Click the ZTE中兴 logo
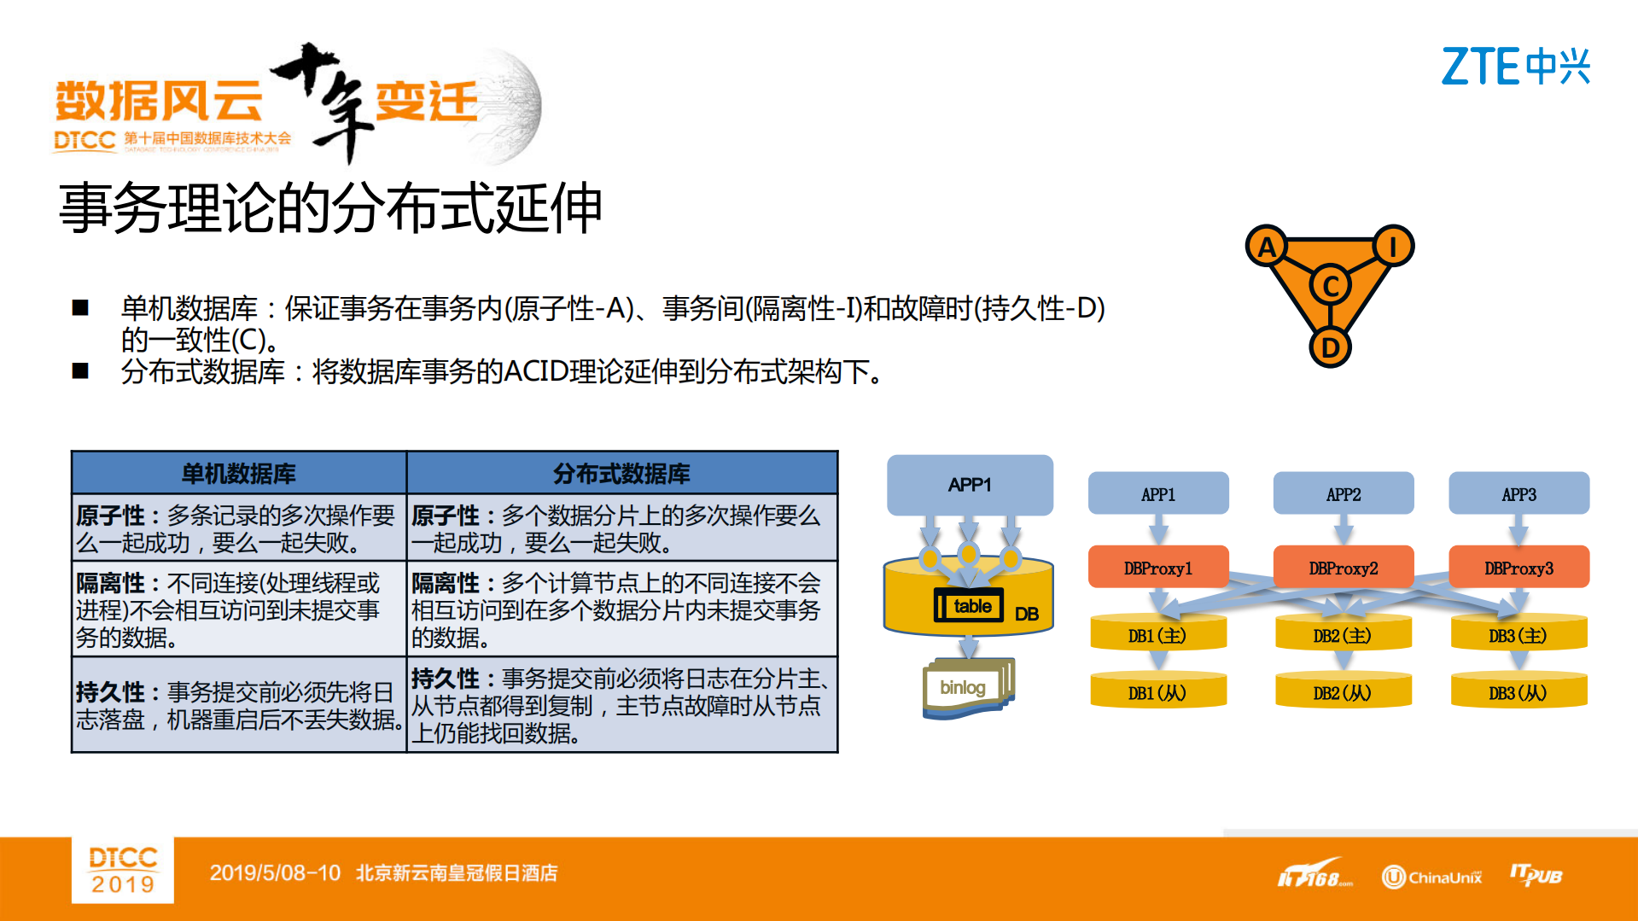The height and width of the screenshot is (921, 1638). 1515,67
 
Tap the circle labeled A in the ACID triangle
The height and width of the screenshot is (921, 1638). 1267,248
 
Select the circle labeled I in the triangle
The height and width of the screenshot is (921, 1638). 1393,247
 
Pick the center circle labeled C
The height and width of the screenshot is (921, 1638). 1330,286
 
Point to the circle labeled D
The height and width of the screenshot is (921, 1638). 1330,347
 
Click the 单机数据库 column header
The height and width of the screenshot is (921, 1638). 239,473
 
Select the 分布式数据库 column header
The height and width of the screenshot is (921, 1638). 621,473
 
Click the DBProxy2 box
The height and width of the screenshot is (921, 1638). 1343,568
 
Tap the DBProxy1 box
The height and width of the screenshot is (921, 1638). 1158,568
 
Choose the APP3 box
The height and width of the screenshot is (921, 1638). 1519,494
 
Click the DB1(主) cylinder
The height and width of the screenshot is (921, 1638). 1157,635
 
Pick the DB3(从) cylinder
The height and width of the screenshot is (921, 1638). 1519,692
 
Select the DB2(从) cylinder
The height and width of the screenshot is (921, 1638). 1343,692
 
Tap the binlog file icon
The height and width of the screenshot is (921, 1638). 965,688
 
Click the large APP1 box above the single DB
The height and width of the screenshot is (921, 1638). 970,485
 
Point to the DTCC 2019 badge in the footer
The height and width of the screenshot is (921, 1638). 123,870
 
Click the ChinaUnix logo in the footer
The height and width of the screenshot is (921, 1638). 1431,877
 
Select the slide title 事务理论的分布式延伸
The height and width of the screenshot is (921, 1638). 330,208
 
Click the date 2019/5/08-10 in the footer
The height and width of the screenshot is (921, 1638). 275,873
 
